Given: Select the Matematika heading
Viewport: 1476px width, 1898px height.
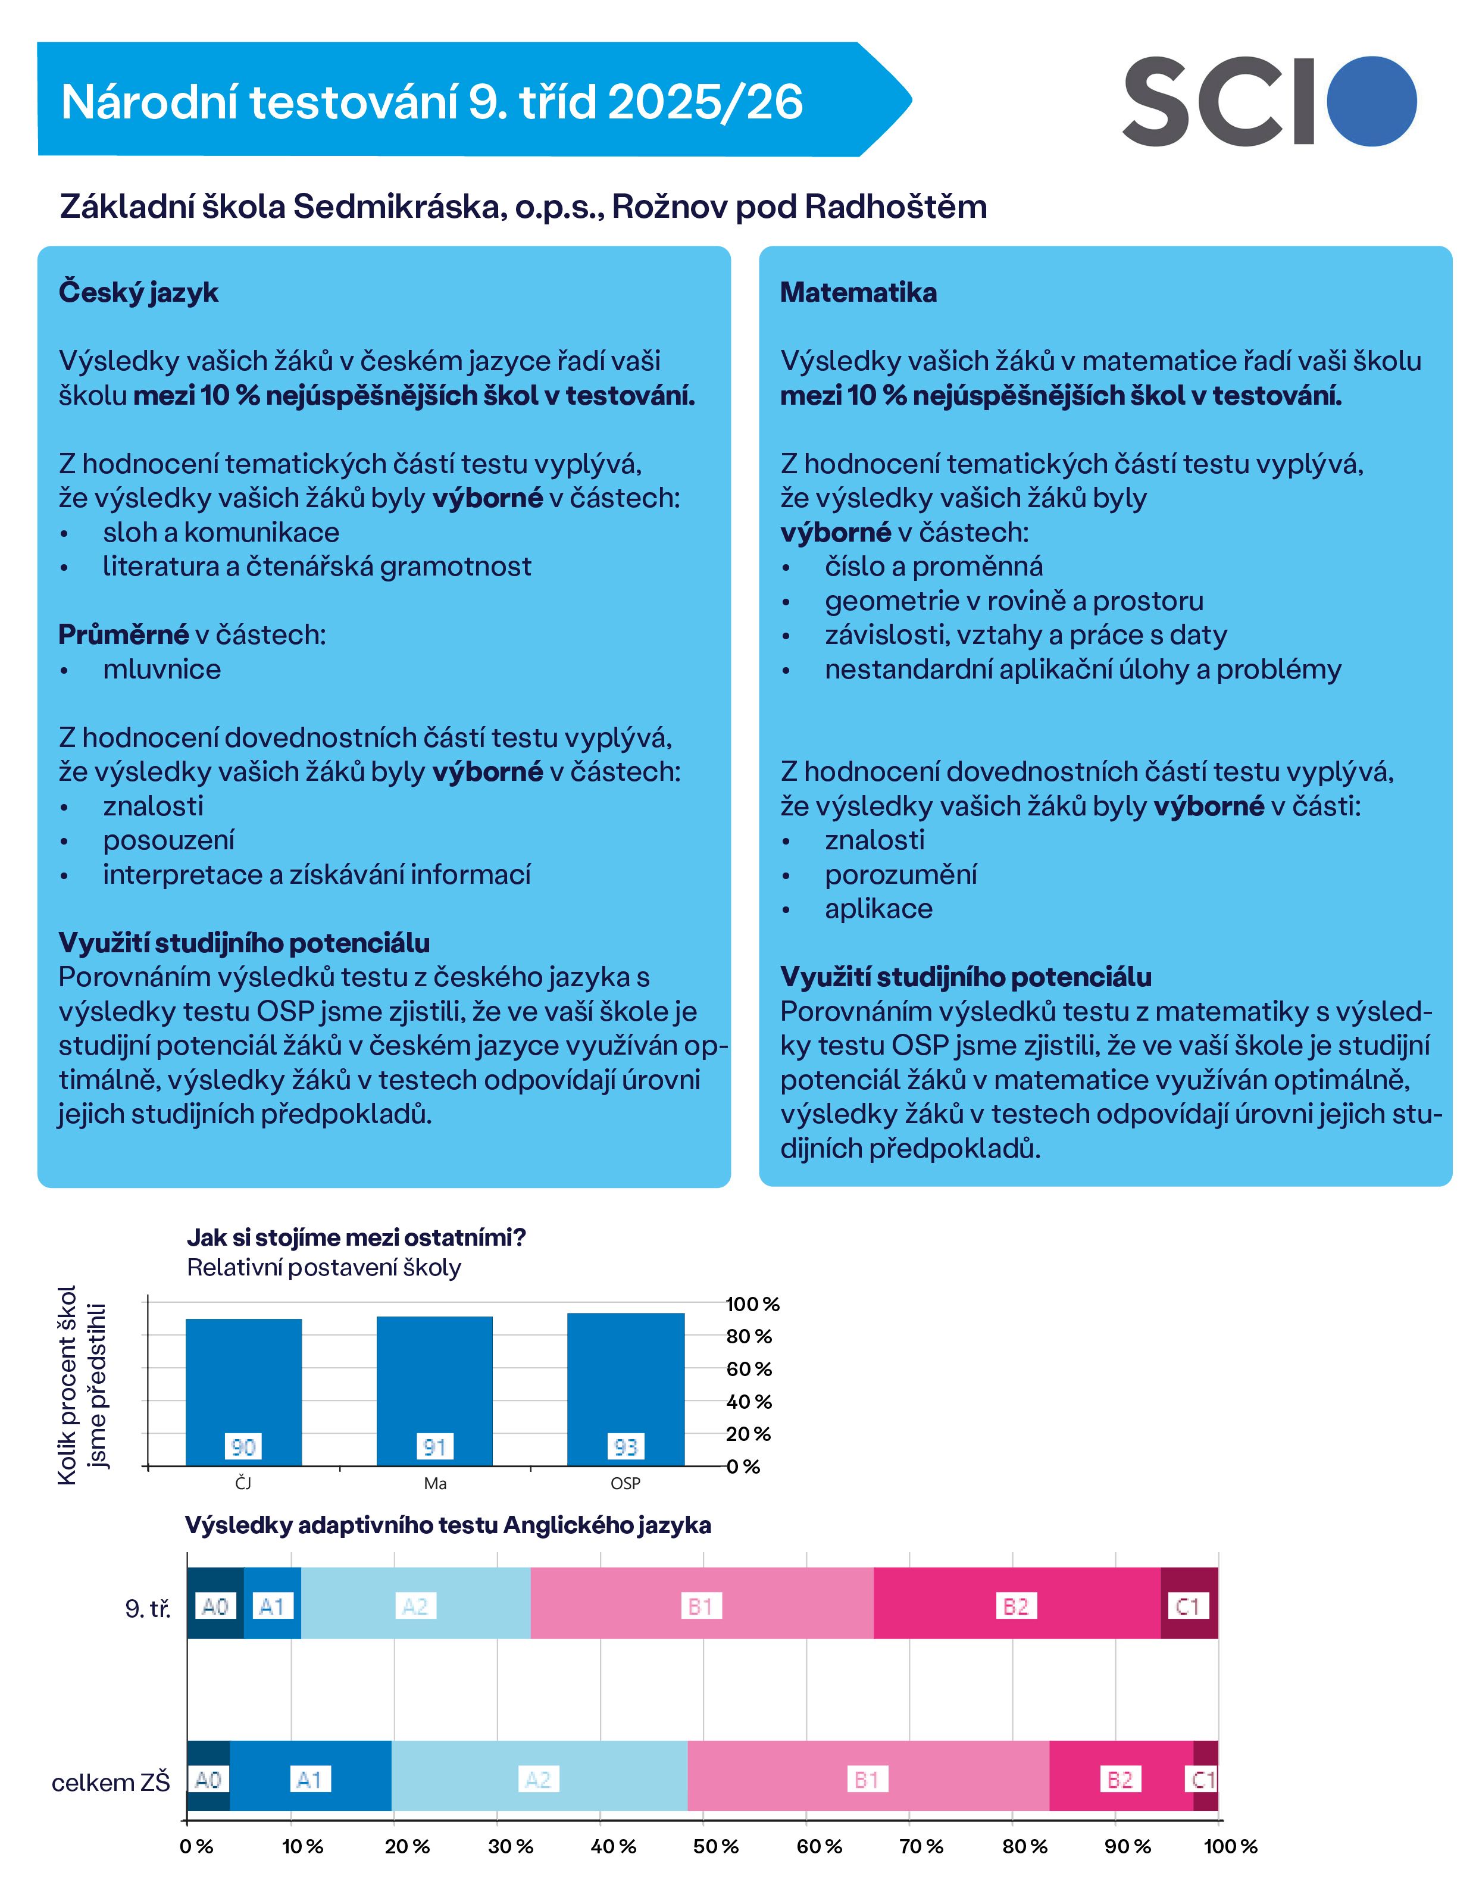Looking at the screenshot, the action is point(858,293).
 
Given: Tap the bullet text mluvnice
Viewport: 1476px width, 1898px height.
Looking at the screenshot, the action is point(162,669).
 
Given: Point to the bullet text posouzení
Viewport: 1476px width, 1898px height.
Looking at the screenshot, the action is point(168,840).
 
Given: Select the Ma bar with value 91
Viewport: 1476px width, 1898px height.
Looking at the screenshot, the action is point(434,1392).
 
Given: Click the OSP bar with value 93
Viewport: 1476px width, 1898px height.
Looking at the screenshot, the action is point(626,1390).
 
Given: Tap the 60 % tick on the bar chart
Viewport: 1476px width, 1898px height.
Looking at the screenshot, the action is point(749,1369).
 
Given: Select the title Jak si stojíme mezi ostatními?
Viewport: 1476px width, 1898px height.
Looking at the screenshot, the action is point(357,1237).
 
